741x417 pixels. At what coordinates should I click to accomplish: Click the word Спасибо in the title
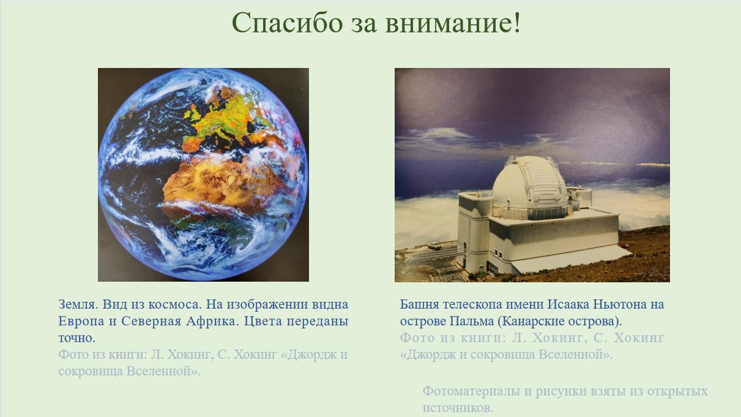pos(287,23)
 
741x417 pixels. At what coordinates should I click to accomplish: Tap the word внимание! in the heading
pos(453,23)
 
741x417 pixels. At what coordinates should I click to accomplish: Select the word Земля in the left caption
pos(78,304)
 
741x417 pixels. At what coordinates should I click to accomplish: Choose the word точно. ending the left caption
pos(76,338)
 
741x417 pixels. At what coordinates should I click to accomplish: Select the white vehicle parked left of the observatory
pos(434,246)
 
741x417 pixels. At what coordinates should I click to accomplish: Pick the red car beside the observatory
pos(624,245)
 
